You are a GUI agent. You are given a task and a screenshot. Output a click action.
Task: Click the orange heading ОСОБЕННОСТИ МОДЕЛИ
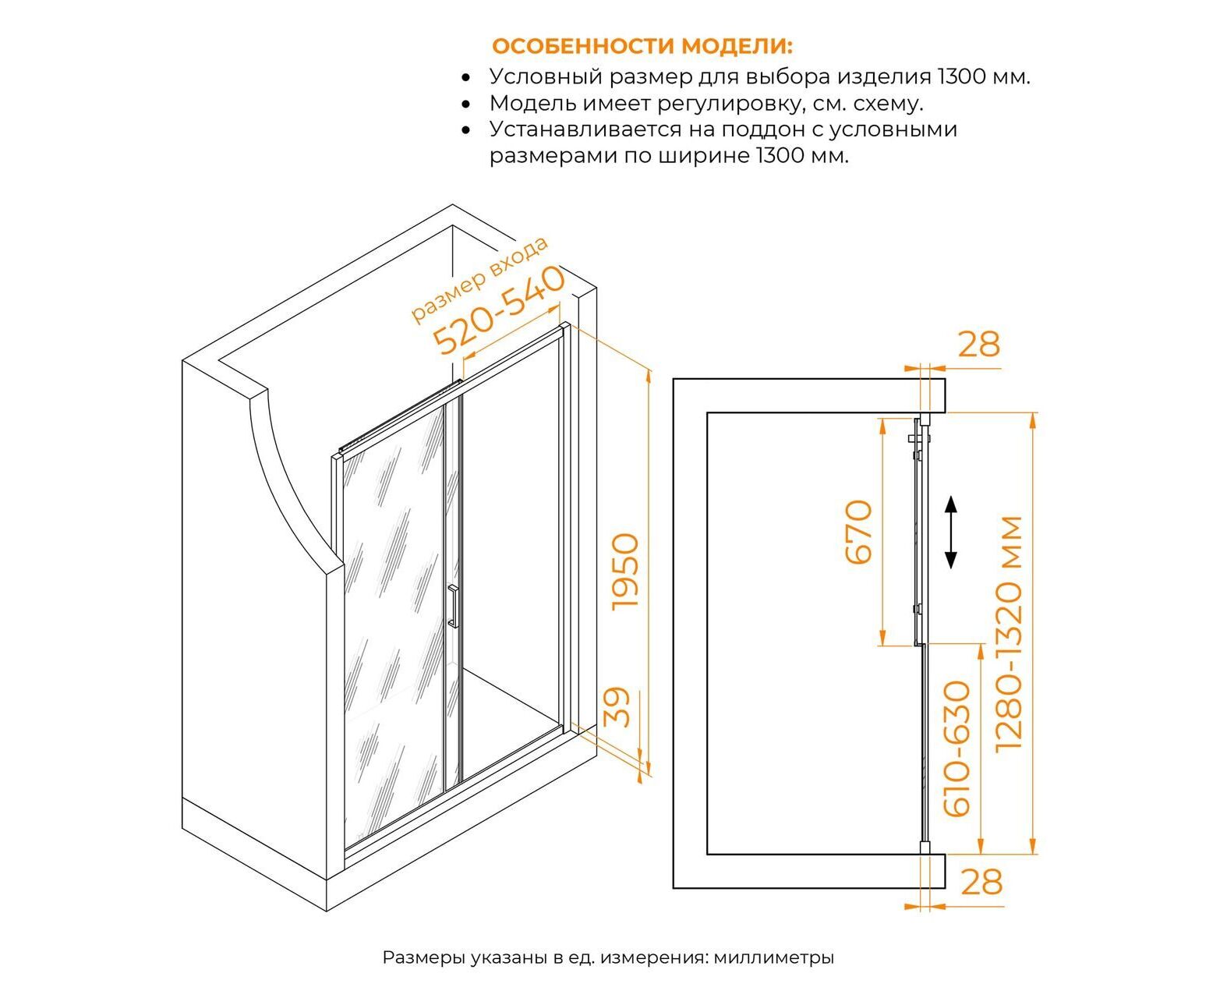click(x=642, y=46)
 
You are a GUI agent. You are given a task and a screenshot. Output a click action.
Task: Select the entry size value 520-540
click(x=498, y=310)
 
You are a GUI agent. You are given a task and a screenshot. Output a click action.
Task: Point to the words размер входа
click(x=479, y=278)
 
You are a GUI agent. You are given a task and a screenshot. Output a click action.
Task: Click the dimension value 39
click(x=616, y=707)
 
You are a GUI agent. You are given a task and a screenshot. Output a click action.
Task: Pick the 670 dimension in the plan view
click(x=858, y=532)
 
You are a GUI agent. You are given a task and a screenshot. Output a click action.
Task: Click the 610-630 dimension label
click(x=957, y=748)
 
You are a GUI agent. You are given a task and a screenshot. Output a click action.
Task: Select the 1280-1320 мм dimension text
click(x=1009, y=634)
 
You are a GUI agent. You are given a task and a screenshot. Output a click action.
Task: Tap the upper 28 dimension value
click(x=979, y=345)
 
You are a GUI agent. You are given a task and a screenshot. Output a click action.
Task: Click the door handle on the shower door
click(x=453, y=607)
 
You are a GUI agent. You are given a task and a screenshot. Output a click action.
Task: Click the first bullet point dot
click(x=465, y=78)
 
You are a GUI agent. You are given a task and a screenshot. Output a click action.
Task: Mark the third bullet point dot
click(x=465, y=131)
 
